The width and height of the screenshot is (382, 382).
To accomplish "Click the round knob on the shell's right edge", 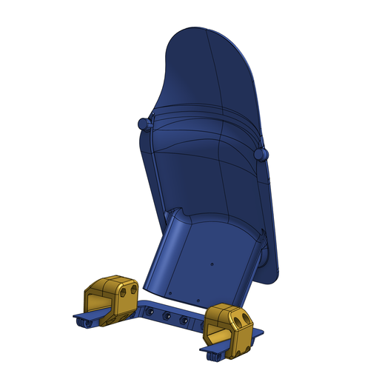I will (260, 153).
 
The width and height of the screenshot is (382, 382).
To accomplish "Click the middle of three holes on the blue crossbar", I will (167, 316).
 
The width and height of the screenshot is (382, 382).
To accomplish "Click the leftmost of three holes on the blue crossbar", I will (150, 312).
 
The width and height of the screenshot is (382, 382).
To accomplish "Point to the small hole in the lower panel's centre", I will (212, 262).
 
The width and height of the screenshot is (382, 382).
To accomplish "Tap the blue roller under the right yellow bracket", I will (214, 355).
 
